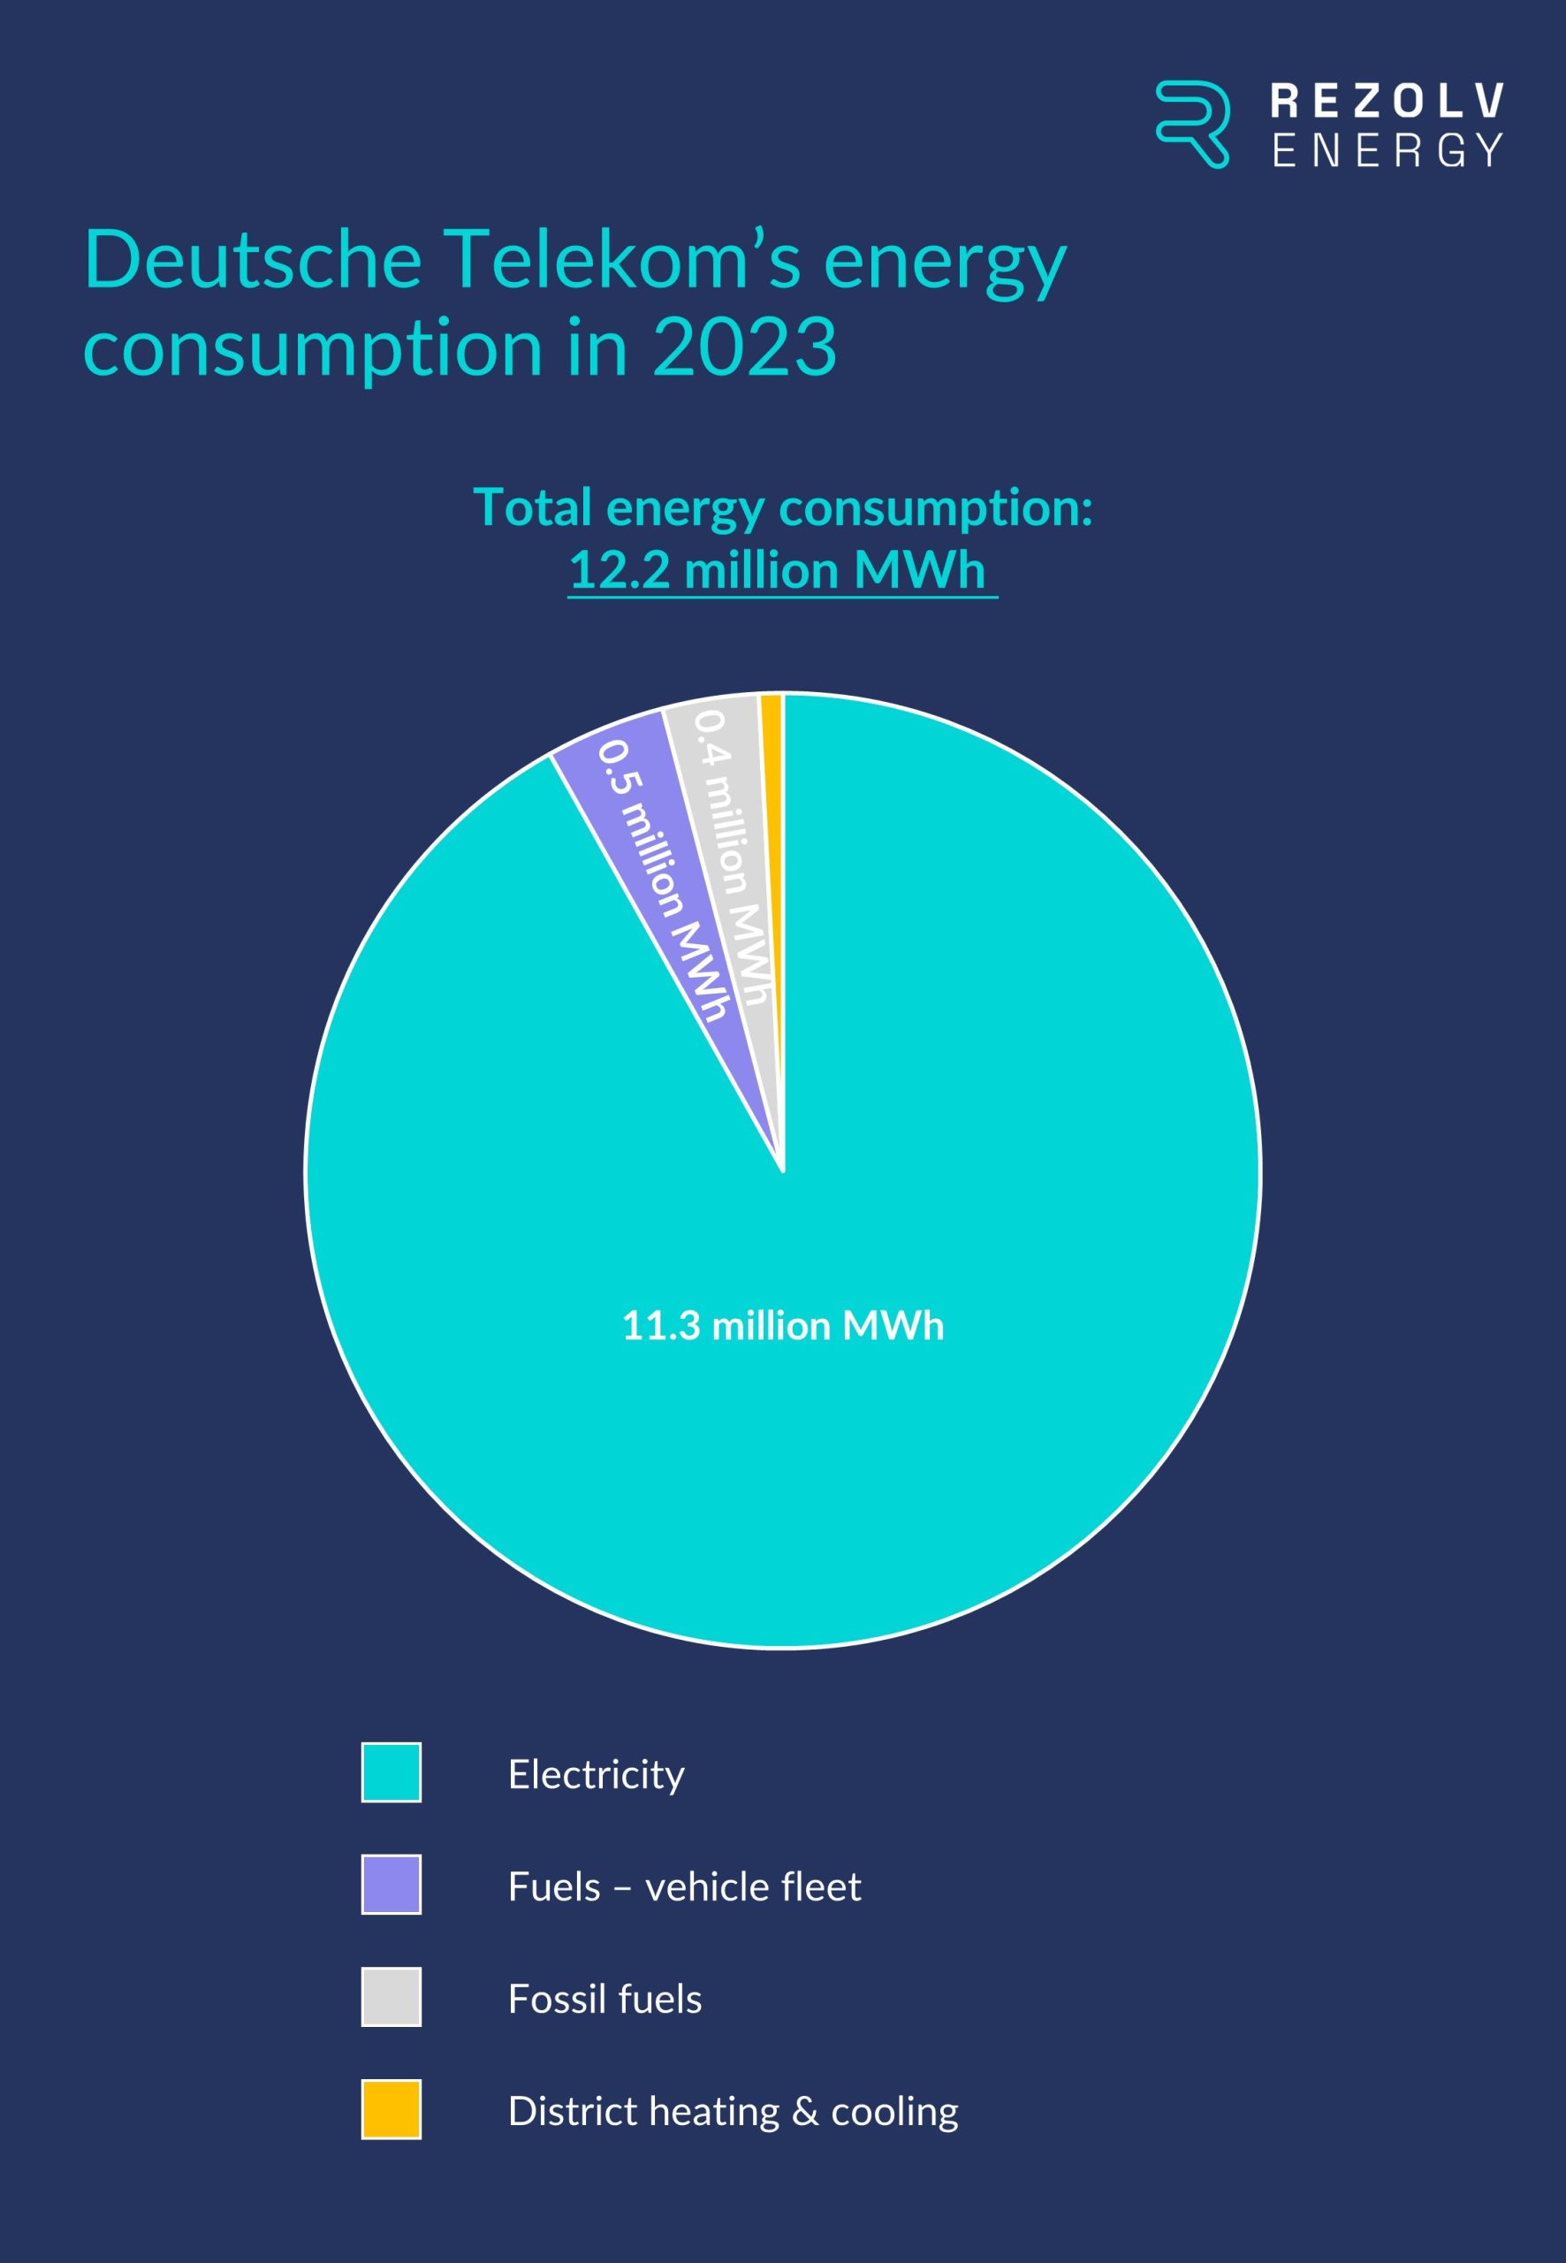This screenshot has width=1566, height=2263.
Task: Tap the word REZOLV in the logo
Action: pos(1386,100)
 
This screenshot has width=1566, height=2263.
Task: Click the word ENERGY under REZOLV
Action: pos(1386,150)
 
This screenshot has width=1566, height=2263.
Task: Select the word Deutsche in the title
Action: pos(252,260)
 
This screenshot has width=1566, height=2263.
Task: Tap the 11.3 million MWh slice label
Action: pos(783,1326)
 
